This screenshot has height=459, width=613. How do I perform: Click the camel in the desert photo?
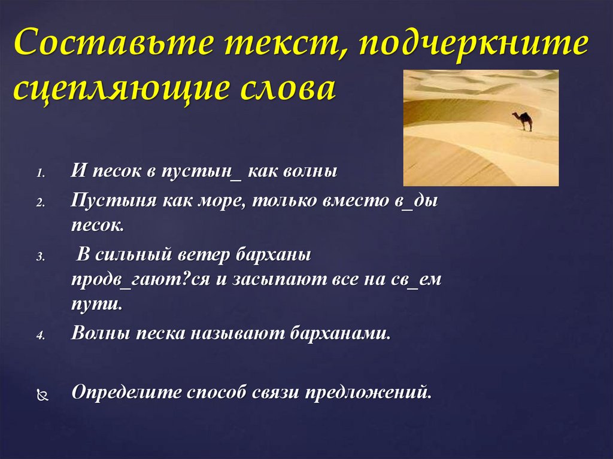point(524,120)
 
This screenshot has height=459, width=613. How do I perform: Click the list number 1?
point(40,174)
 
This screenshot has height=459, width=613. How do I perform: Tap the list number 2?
point(40,203)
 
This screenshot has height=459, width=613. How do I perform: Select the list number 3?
point(40,256)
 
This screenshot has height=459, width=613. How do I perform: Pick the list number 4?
point(40,336)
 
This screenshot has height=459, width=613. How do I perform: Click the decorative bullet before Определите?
point(41,396)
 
